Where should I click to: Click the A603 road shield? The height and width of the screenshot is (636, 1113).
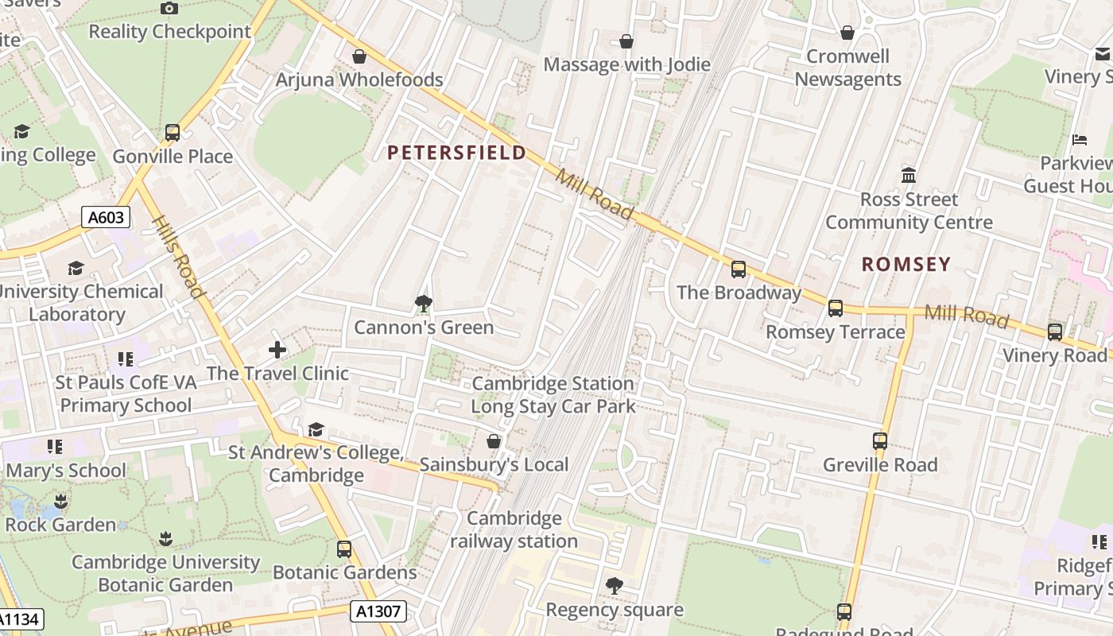click(105, 217)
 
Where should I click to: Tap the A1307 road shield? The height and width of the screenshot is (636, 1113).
click(378, 611)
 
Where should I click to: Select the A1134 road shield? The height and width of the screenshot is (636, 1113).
click(18, 619)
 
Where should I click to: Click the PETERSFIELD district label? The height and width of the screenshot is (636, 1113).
click(456, 153)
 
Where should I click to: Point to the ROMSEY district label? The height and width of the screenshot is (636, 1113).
click(906, 265)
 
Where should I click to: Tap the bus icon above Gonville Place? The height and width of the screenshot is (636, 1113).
click(173, 133)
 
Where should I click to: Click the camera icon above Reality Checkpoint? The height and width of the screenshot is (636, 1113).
click(169, 8)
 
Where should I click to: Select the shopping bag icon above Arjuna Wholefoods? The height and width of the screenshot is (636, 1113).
click(359, 56)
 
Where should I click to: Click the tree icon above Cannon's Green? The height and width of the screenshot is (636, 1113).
click(423, 303)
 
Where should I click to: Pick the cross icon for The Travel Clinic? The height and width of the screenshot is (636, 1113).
click(277, 349)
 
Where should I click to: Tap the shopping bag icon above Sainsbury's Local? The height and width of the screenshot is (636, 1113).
click(494, 440)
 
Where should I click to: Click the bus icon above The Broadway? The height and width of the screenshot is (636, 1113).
click(739, 269)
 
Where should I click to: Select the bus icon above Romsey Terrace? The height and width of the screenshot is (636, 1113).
click(836, 308)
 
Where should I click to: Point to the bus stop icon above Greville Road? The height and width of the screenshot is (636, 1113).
click(880, 440)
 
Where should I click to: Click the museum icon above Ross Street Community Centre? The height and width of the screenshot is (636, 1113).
click(909, 175)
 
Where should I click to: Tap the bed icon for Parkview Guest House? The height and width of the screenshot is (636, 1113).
click(1080, 139)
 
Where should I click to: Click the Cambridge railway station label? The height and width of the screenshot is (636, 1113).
click(514, 530)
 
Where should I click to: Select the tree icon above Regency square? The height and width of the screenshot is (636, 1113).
click(614, 586)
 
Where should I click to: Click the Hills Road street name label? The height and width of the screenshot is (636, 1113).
click(179, 258)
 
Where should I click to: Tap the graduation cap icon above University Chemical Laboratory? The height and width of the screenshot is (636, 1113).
click(76, 268)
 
